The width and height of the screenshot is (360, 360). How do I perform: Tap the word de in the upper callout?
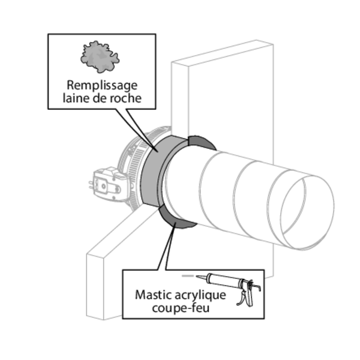(x=100, y=98)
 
